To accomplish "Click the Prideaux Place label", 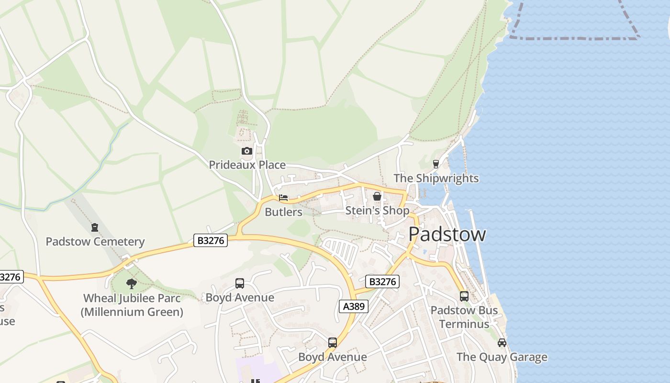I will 247,165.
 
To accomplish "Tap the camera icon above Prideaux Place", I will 246,152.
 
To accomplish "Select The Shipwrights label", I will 435,179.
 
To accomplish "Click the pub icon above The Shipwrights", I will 435,164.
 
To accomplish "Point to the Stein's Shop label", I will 377,211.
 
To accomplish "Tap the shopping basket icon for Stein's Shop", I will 377,196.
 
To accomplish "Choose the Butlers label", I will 283,212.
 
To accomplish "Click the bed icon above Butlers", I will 283,198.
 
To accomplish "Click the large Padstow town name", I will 447,234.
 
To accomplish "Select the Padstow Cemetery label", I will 95,242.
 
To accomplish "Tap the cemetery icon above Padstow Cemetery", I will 95,227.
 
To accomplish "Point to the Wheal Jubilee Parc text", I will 132,298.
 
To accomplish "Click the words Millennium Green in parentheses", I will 132,312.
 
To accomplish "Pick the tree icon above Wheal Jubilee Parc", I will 132,284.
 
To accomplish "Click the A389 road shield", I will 354,306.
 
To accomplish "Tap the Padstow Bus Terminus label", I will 464,317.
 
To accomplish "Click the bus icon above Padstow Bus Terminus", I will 464,296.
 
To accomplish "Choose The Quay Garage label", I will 502,357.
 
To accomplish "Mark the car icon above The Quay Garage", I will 502,343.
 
